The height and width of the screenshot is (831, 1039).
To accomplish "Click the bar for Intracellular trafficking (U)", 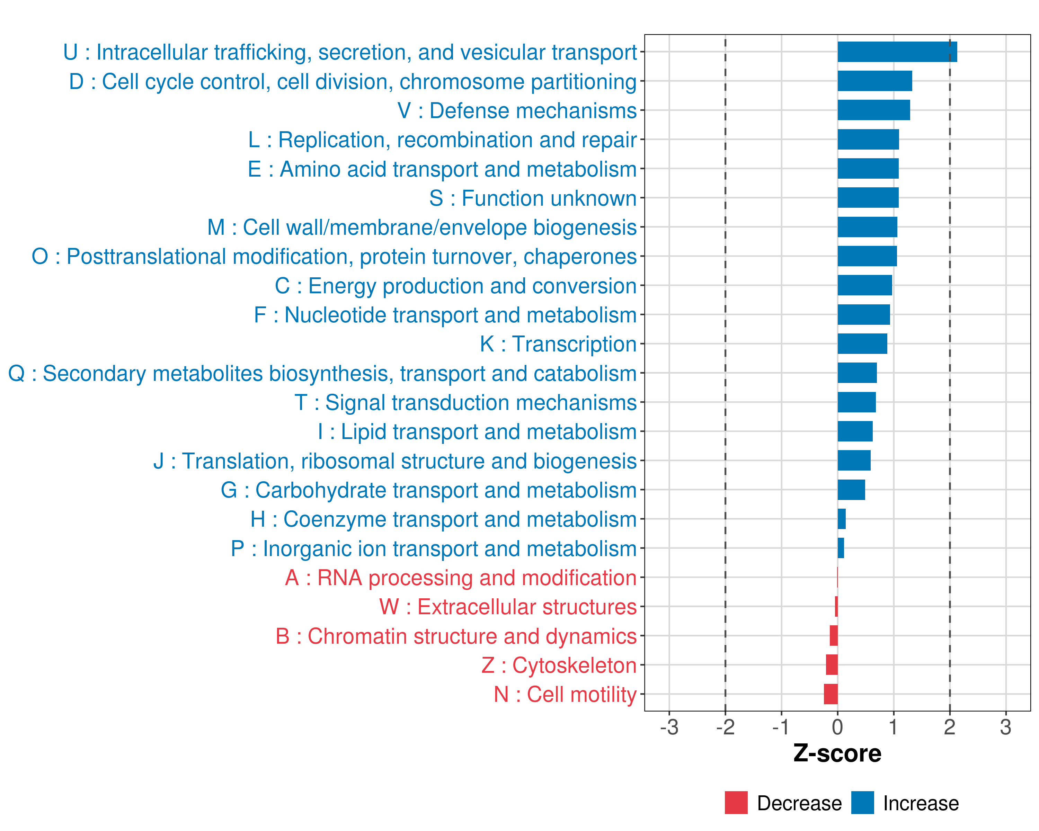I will click(x=897, y=52).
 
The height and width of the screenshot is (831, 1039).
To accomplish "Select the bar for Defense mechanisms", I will click(x=873, y=110).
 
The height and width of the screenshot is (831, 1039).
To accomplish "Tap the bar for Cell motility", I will click(x=831, y=694).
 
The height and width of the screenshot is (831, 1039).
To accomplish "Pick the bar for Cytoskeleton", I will click(x=832, y=665).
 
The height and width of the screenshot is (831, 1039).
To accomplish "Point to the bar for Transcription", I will click(x=862, y=344).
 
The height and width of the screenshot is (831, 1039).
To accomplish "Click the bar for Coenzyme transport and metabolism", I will click(x=841, y=519).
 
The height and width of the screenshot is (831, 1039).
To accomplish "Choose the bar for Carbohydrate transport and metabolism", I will click(x=851, y=490).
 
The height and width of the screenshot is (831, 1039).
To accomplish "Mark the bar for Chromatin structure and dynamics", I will click(x=834, y=636).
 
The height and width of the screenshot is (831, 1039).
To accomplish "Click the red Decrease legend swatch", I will click(x=736, y=803).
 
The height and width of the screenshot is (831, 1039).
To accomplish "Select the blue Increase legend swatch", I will click(x=862, y=803).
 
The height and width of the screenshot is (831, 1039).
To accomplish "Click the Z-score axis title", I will click(x=837, y=753).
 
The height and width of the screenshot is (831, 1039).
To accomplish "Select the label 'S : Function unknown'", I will click(x=533, y=198).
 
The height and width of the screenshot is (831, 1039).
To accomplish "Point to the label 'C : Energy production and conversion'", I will click(x=455, y=286).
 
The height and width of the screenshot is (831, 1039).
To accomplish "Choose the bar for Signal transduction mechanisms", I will click(x=856, y=402).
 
